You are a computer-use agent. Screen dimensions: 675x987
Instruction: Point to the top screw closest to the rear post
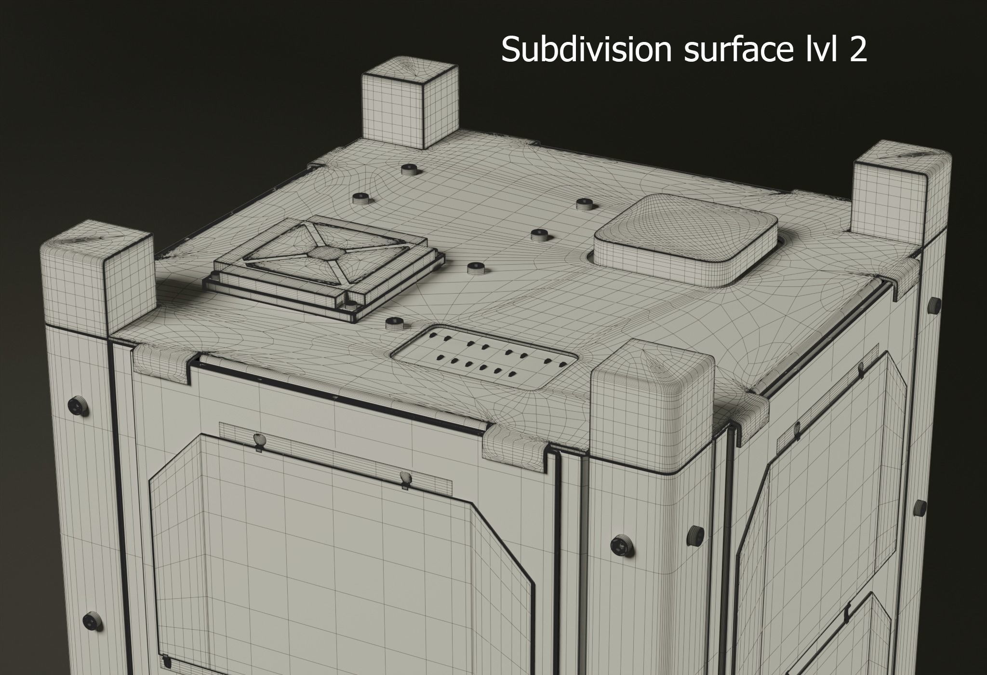[x=409, y=169]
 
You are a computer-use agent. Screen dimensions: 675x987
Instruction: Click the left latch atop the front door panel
[x=259, y=441]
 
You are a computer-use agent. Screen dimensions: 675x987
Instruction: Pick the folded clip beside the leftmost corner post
[x=160, y=358]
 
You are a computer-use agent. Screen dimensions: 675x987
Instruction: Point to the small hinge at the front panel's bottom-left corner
[x=165, y=661]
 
